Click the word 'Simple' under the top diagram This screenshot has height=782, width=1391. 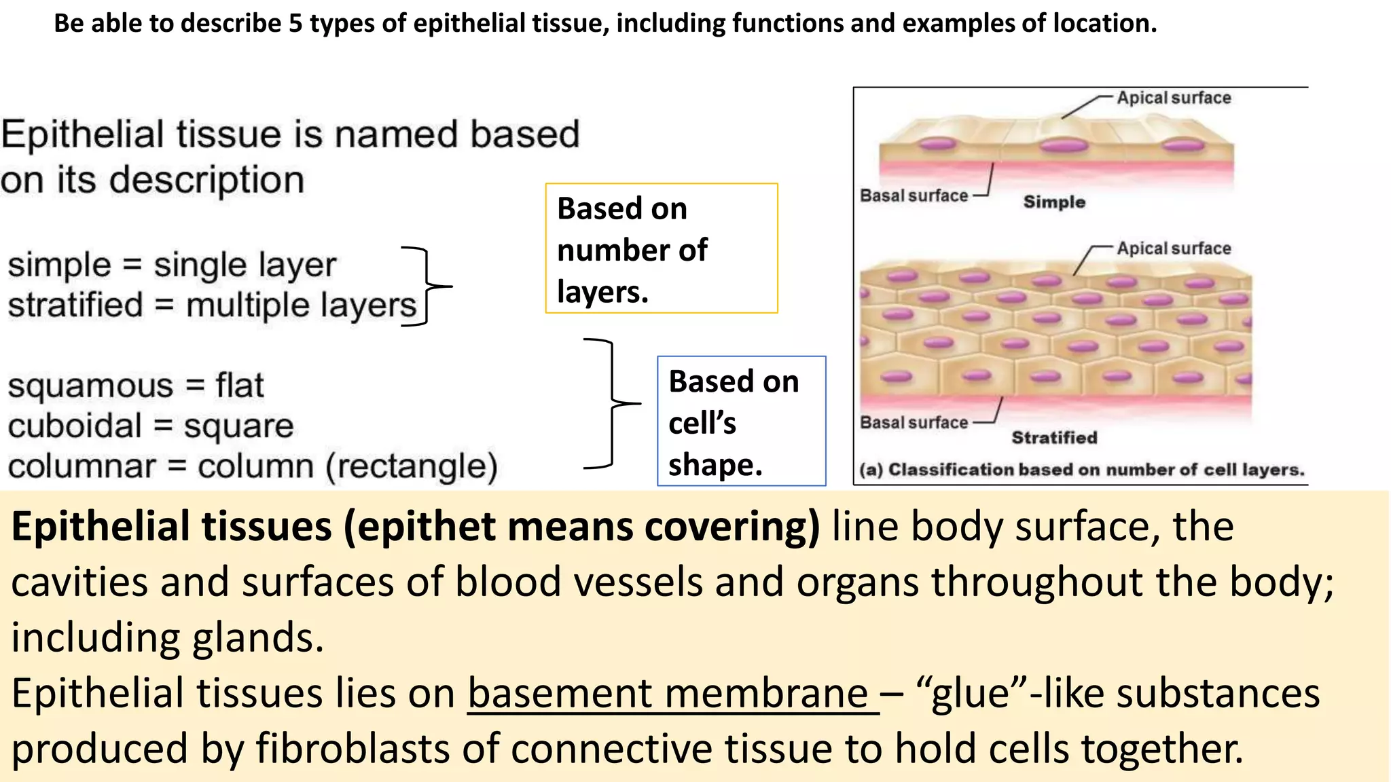tap(1053, 202)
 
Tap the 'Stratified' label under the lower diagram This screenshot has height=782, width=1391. tap(1054, 438)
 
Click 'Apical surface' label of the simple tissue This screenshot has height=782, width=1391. tap(1174, 98)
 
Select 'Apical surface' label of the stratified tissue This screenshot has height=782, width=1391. tap(1174, 248)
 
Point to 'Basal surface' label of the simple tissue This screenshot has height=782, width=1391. tap(914, 195)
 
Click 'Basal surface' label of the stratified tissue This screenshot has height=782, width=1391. tap(914, 422)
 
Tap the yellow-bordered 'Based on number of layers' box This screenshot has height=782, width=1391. tap(661, 248)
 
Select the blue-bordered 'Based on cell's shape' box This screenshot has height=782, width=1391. tap(741, 421)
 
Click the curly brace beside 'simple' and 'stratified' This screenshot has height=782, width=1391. tap(428, 286)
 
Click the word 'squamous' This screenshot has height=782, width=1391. tap(90, 387)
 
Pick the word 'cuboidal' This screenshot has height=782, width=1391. tap(75, 426)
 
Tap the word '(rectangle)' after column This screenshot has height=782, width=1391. tap(412, 466)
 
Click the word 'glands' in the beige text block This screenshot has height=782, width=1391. tap(257, 638)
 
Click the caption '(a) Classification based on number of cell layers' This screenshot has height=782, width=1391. tap(1081, 470)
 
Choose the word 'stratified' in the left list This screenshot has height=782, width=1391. tap(75, 305)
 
